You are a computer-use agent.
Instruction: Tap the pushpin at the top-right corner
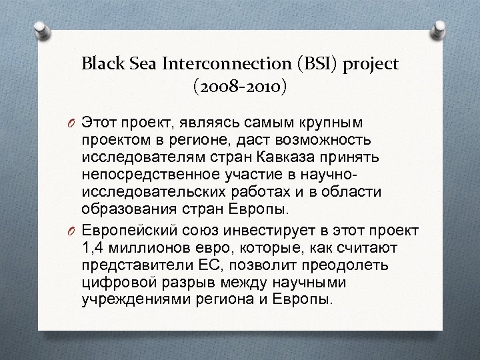coord(440,27)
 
